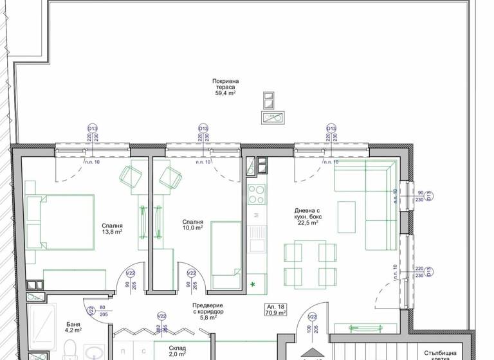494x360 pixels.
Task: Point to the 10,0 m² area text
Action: point(193,227)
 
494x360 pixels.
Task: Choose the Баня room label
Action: point(73,328)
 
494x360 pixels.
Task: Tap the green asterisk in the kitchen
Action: point(253,283)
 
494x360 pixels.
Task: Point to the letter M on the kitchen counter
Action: point(256,214)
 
